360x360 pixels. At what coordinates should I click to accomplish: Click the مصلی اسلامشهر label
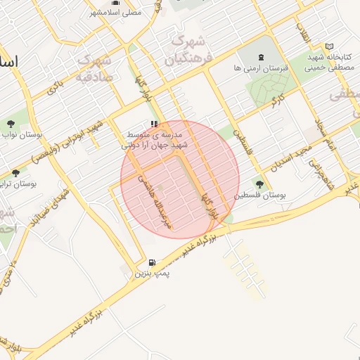[115, 13]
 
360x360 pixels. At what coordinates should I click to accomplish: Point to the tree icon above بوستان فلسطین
[259, 184]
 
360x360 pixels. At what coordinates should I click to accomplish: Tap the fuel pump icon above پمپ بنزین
[153, 264]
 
